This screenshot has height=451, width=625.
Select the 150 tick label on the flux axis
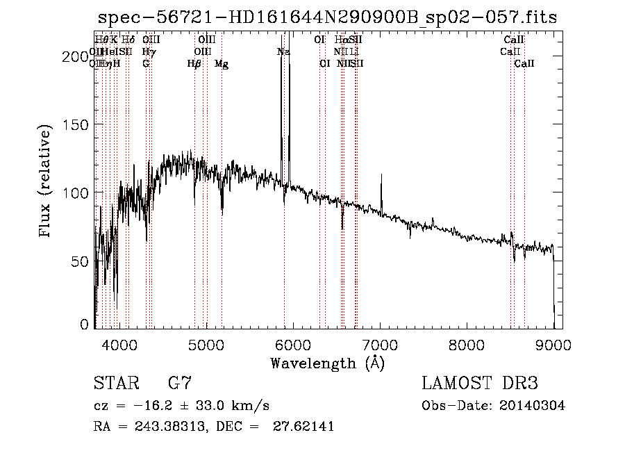click(x=76, y=124)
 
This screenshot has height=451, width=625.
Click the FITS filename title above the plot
click(x=327, y=17)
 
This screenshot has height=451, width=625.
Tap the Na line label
click(x=283, y=52)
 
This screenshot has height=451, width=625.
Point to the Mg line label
click(x=222, y=64)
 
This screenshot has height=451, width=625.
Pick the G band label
click(x=146, y=64)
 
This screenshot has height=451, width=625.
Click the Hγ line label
click(x=148, y=52)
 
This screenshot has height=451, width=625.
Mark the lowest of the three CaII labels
click(x=524, y=64)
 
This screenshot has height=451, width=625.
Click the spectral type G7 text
click(x=180, y=384)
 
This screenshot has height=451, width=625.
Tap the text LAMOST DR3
click(x=480, y=384)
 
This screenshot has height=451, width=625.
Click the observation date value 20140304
click(x=533, y=406)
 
